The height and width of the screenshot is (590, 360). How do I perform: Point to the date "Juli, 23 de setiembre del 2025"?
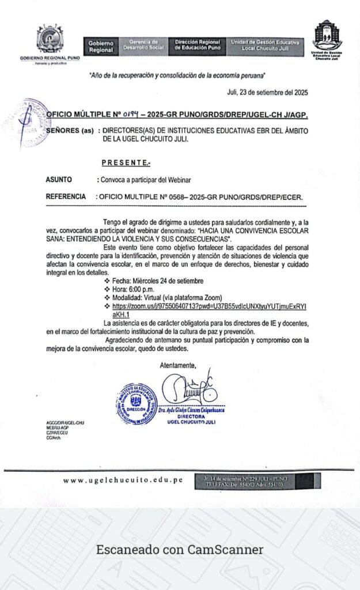(x=268, y=93)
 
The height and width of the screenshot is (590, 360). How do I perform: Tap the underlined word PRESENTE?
(x=126, y=164)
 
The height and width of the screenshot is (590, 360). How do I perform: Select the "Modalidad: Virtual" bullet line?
(x=167, y=297)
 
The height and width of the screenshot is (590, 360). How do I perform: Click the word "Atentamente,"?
(x=177, y=365)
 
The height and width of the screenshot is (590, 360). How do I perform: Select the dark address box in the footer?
(x=257, y=481)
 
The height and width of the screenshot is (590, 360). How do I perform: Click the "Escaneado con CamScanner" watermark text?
(x=180, y=550)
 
